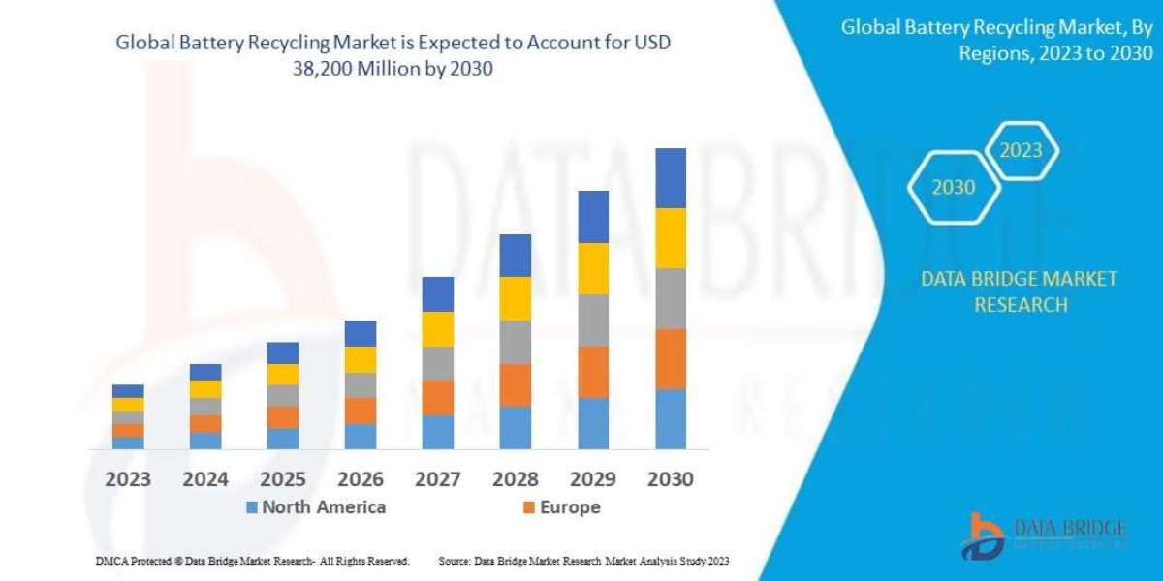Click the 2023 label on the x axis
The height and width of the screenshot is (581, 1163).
[x=128, y=479]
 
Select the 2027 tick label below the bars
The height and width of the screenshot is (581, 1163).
[x=438, y=479]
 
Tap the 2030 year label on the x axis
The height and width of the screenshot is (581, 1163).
[x=671, y=479]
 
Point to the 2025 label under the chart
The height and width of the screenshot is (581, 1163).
[x=283, y=479]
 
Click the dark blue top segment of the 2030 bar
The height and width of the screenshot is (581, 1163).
[x=671, y=178]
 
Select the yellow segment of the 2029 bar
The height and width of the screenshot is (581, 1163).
[x=593, y=268]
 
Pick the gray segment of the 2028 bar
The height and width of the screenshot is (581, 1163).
[x=516, y=342]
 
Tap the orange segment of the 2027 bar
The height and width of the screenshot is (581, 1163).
[x=438, y=397]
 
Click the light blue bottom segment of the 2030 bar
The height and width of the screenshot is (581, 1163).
[x=671, y=419]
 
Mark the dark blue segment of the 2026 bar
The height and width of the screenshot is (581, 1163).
[x=361, y=333]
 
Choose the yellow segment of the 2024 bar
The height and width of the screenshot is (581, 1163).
[x=205, y=389]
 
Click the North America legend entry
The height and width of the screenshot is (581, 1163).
[x=316, y=507]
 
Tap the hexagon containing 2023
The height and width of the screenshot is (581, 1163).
[x=1021, y=150]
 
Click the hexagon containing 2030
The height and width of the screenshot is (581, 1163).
[x=953, y=188]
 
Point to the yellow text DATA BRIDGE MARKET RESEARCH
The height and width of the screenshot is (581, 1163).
[x=1019, y=291]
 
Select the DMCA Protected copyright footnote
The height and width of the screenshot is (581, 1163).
[x=253, y=561]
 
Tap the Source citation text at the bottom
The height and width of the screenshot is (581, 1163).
[x=583, y=561]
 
